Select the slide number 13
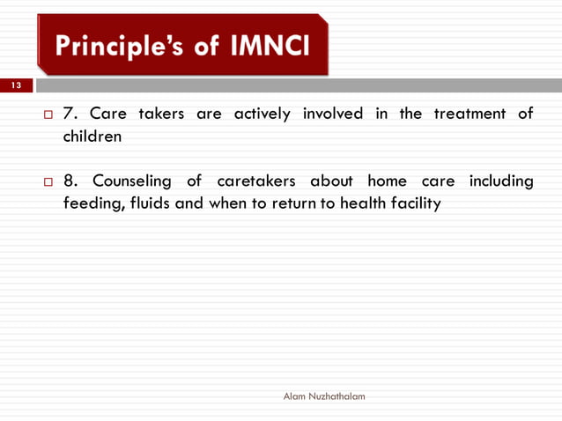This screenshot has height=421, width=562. [16, 85]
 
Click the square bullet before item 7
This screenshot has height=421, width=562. [48, 115]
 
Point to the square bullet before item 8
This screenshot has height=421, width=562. [48, 182]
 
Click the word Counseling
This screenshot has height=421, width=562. [132, 181]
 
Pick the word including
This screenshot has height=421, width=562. [500, 182]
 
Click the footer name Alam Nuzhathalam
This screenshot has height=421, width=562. [323, 397]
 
